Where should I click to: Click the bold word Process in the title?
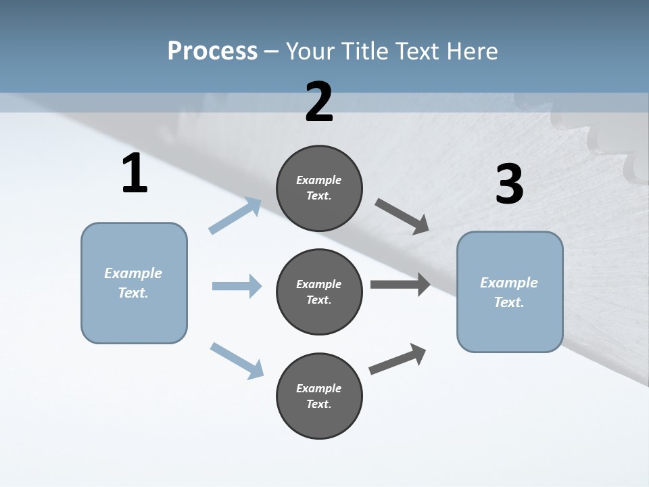coord(212,51)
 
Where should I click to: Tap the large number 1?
coord(135,174)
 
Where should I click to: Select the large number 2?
coord(319,102)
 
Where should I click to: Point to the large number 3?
coord(509,185)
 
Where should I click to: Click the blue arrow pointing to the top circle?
coord(235,216)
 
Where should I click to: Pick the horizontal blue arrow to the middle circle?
coord(237,286)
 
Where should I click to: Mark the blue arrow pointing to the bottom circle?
coord(237,361)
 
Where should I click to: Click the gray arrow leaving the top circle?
coord(402,217)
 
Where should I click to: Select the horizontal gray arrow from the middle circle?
coord(400,284)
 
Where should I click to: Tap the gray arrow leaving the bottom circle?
coord(398,359)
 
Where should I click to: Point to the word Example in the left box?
coord(133,273)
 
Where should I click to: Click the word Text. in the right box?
coord(509,302)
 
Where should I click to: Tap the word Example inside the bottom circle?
coord(318,388)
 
